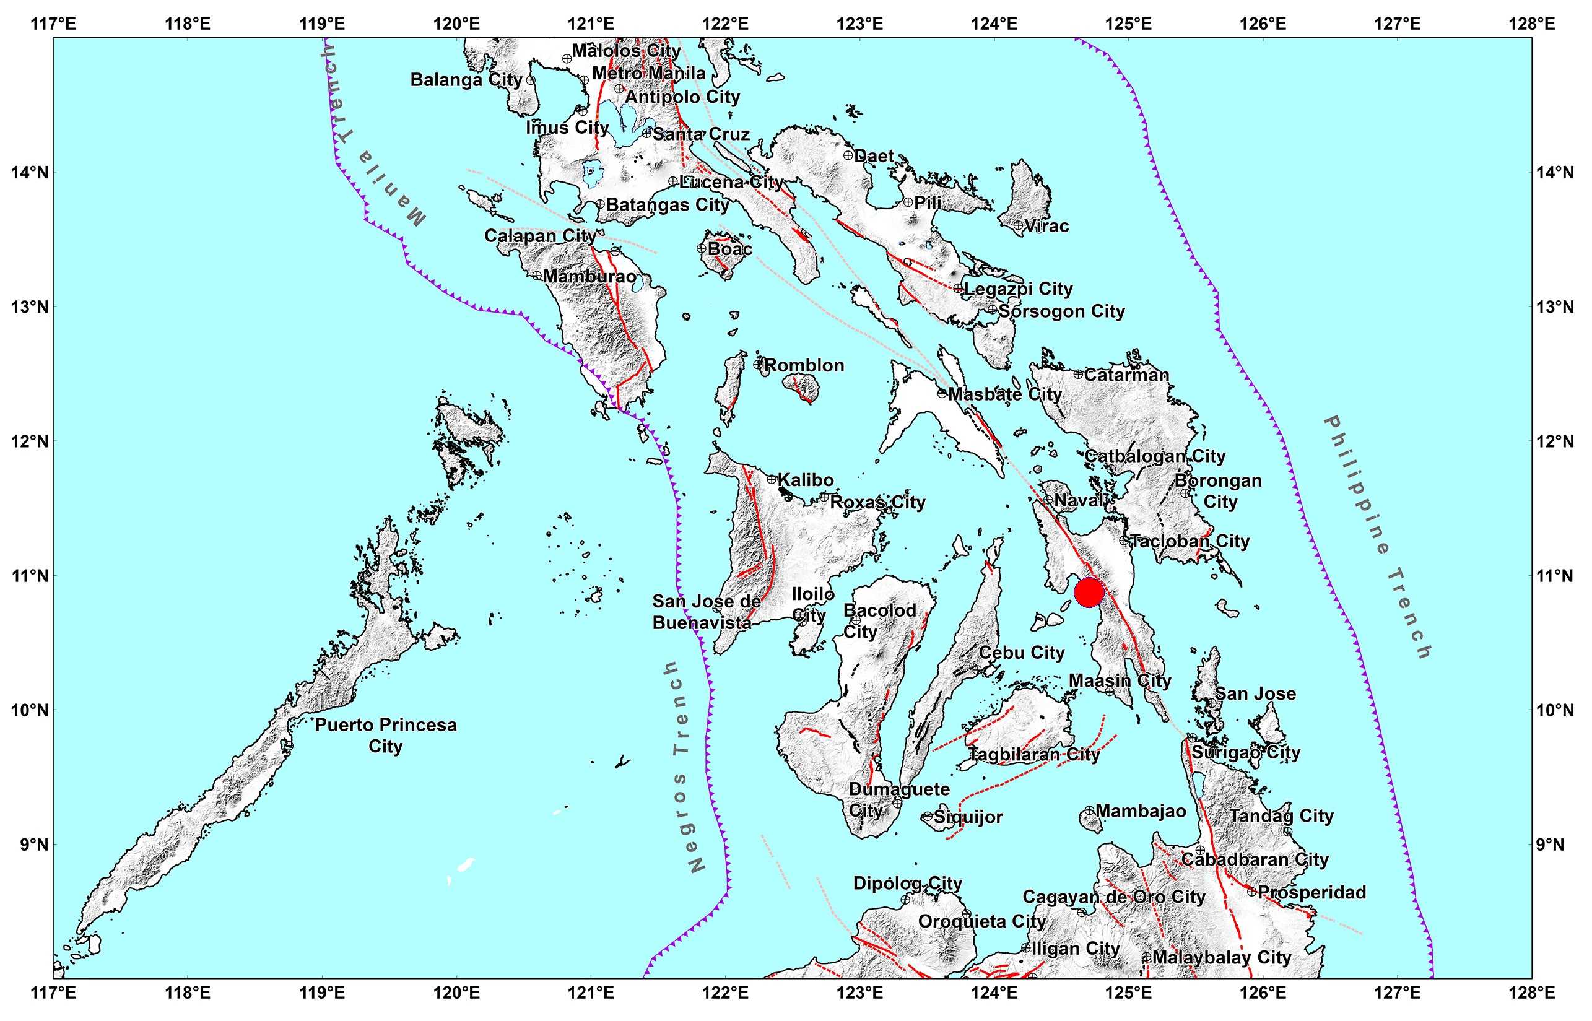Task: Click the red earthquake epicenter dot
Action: pos(1089,591)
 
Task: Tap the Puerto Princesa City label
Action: pos(385,734)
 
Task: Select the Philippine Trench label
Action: pos(1377,537)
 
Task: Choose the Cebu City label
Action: pos(1021,653)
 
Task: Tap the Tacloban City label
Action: pos(1189,541)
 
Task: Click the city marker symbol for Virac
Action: pos(1018,225)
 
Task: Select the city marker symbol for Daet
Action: pos(848,155)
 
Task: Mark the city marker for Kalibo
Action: pos(771,479)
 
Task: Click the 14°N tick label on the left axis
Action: pos(30,172)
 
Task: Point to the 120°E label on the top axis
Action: pos(457,25)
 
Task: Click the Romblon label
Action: pos(804,365)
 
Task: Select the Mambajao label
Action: pos(1141,811)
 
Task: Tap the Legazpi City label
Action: pos(1018,289)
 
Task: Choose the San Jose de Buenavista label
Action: pos(706,611)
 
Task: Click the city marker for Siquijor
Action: pos(927,817)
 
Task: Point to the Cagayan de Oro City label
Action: pos(1113,897)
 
